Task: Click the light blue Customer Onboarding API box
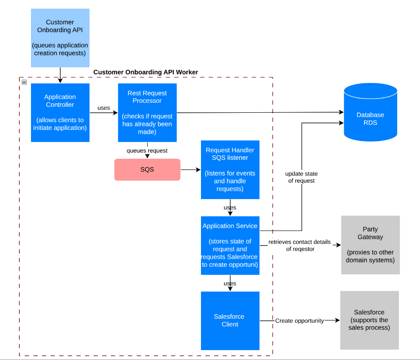(x=60, y=38)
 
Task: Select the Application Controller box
(x=60, y=113)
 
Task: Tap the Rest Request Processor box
(x=147, y=113)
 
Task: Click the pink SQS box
(x=147, y=169)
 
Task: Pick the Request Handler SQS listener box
(x=230, y=169)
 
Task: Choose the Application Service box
(x=230, y=245)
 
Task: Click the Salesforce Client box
(x=230, y=320)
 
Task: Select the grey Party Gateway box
(x=370, y=245)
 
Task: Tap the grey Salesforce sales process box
(x=369, y=320)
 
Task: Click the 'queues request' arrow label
(x=147, y=151)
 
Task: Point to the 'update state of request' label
(x=301, y=177)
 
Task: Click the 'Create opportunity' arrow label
(x=300, y=321)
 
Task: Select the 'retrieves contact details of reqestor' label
(x=300, y=246)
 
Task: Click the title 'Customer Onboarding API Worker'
(x=146, y=72)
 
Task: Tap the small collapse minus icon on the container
(x=24, y=82)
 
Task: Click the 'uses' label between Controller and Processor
(x=104, y=108)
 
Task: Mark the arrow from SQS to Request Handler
(x=190, y=170)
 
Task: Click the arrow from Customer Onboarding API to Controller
(x=60, y=75)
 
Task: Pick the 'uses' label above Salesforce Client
(x=230, y=284)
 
